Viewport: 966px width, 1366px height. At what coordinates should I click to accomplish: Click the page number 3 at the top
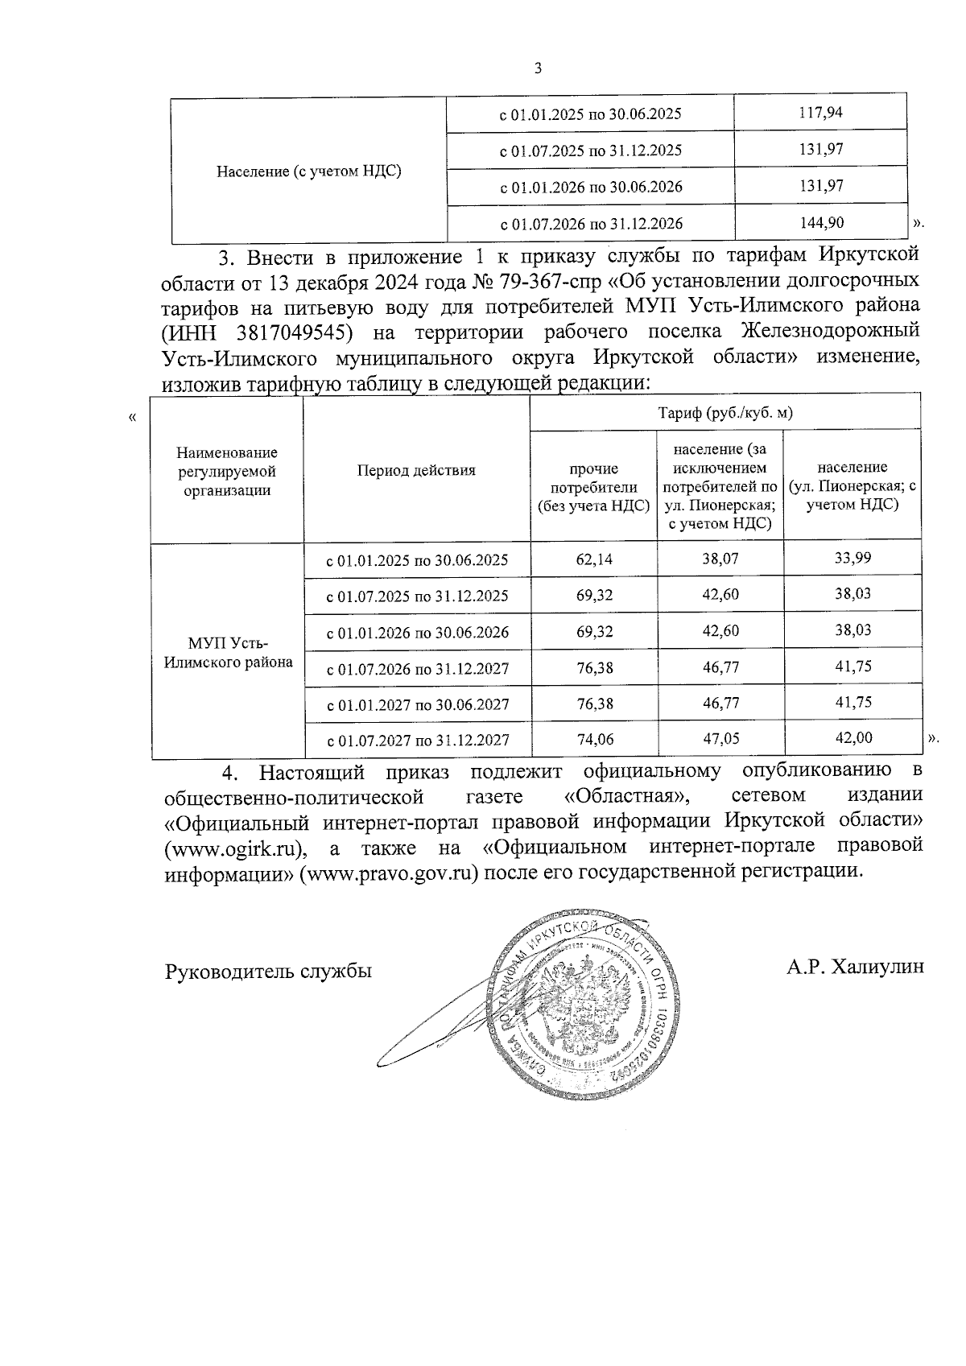(x=538, y=69)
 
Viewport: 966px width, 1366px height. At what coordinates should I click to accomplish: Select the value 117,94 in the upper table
(x=820, y=112)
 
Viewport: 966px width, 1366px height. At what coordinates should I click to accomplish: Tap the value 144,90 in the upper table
(x=820, y=223)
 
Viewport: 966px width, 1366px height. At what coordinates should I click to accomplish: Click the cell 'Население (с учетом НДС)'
(x=309, y=171)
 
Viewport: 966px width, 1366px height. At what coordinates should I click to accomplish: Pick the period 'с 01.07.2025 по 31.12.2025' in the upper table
(x=591, y=151)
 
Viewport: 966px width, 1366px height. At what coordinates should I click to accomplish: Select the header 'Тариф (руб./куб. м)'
(x=725, y=413)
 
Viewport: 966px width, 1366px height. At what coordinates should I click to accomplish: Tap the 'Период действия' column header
(x=416, y=471)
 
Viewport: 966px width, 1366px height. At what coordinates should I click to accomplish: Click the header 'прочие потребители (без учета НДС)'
(x=593, y=487)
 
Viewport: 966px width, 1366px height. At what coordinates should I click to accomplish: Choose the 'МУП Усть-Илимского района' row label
(x=228, y=652)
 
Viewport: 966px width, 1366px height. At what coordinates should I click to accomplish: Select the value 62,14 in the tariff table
(x=594, y=559)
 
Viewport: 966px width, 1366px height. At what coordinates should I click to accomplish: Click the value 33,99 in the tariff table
(x=852, y=557)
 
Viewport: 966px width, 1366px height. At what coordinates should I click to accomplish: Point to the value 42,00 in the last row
(x=852, y=737)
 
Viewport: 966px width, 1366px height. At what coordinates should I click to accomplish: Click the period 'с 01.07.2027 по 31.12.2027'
(x=417, y=741)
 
